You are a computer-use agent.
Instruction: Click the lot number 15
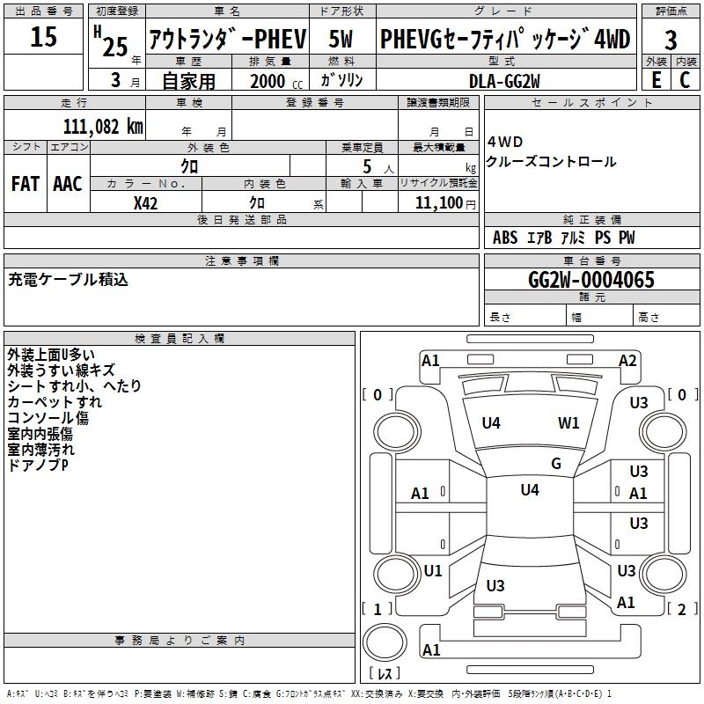[x=43, y=37]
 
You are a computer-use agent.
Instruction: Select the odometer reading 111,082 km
[x=103, y=126]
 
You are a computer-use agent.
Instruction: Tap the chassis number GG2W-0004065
[x=591, y=280]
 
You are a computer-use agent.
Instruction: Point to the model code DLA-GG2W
[x=504, y=80]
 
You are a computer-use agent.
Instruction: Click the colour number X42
[x=146, y=202]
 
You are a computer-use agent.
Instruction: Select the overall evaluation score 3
[x=671, y=40]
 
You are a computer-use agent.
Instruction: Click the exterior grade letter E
[x=656, y=80]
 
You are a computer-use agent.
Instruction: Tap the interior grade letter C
[x=685, y=80]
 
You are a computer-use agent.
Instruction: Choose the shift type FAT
[x=25, y=184]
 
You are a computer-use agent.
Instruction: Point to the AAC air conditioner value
[x=68, y=184]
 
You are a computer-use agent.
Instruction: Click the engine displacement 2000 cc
[x=268, y=81]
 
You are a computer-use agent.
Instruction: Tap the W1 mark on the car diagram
[x=568, y=423]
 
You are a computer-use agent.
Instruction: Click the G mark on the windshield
[x=556, y=463]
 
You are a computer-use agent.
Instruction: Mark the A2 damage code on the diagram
[x=627, y=360]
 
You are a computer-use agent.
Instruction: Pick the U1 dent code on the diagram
[x=433, y=571]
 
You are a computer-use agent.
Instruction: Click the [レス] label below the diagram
[x=385, y=674]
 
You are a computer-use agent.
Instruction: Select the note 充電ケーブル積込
[x=69, y=280]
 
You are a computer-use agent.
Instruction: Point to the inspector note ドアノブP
[x=38, y=465]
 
